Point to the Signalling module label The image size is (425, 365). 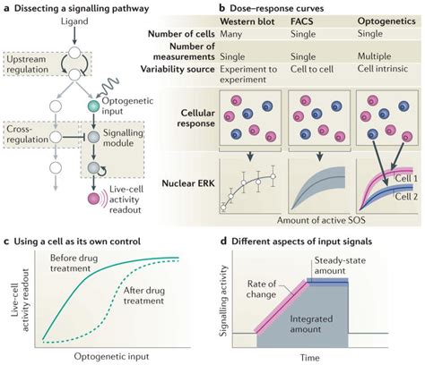coord(130,136)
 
